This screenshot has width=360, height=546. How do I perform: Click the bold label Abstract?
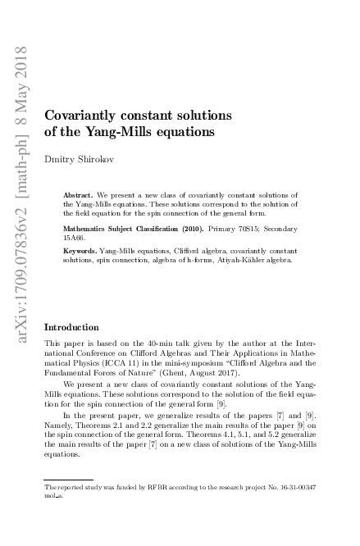[x=79, y=195]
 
